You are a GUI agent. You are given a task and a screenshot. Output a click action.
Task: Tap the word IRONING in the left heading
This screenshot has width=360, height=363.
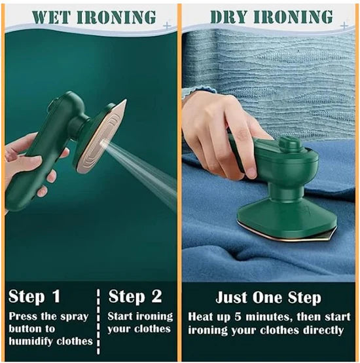point(119,17)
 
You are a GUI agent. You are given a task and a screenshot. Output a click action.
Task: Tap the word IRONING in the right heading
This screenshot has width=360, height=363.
point(298,17)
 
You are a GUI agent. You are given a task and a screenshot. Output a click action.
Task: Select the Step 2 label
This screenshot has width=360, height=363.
point(135,296)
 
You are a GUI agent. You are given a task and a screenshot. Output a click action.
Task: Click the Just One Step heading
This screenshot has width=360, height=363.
point(270,297)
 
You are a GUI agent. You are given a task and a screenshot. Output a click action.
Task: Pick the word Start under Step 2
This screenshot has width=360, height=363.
point(122,316)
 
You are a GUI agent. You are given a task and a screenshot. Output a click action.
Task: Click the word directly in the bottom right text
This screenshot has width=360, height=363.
point(320,330)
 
